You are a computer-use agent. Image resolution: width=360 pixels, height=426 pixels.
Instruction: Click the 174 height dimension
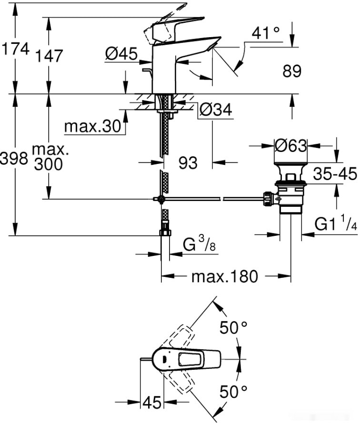15,49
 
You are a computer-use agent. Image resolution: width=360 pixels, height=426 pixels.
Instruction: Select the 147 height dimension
49,55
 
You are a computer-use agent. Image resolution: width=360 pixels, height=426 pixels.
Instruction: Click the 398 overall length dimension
14,159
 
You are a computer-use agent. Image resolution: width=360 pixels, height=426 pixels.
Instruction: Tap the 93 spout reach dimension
188,163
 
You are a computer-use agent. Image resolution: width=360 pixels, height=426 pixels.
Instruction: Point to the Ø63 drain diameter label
290,145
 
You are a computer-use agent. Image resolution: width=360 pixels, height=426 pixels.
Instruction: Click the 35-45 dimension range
335,174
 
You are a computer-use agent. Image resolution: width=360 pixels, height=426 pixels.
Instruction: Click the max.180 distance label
224,276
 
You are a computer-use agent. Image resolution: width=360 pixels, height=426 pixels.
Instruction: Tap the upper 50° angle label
233,328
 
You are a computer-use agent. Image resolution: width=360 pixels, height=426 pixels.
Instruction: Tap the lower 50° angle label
233,392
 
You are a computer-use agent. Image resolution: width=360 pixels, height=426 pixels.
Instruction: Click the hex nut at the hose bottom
165,232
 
